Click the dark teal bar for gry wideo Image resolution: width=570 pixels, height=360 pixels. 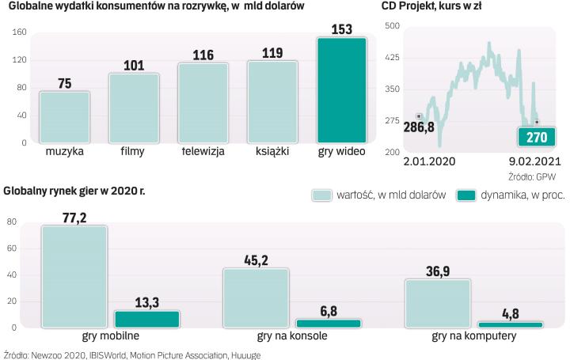pos(342,90)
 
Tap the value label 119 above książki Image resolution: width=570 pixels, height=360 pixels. pos(272,53)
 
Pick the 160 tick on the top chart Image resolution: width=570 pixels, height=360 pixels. pos(20,32)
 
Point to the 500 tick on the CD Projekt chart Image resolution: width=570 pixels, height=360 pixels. pos(391,26)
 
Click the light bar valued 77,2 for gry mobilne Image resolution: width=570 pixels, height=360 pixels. pos(74,276)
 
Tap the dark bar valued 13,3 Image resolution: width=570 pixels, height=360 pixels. pos(148,319)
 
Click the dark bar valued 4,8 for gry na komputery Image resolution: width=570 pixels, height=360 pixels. pos(510,324)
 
